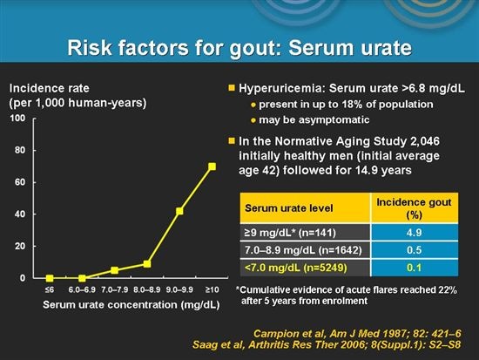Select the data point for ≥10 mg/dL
(x=211, y=166)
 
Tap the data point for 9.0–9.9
(x=179, y=211)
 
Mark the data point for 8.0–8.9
(x=147, y=263)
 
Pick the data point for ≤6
(x=50, y=278)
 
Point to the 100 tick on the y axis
(x=17, y=118)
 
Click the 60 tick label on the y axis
(x=19, y=182)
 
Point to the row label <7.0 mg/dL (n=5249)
(x=296, y=265)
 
